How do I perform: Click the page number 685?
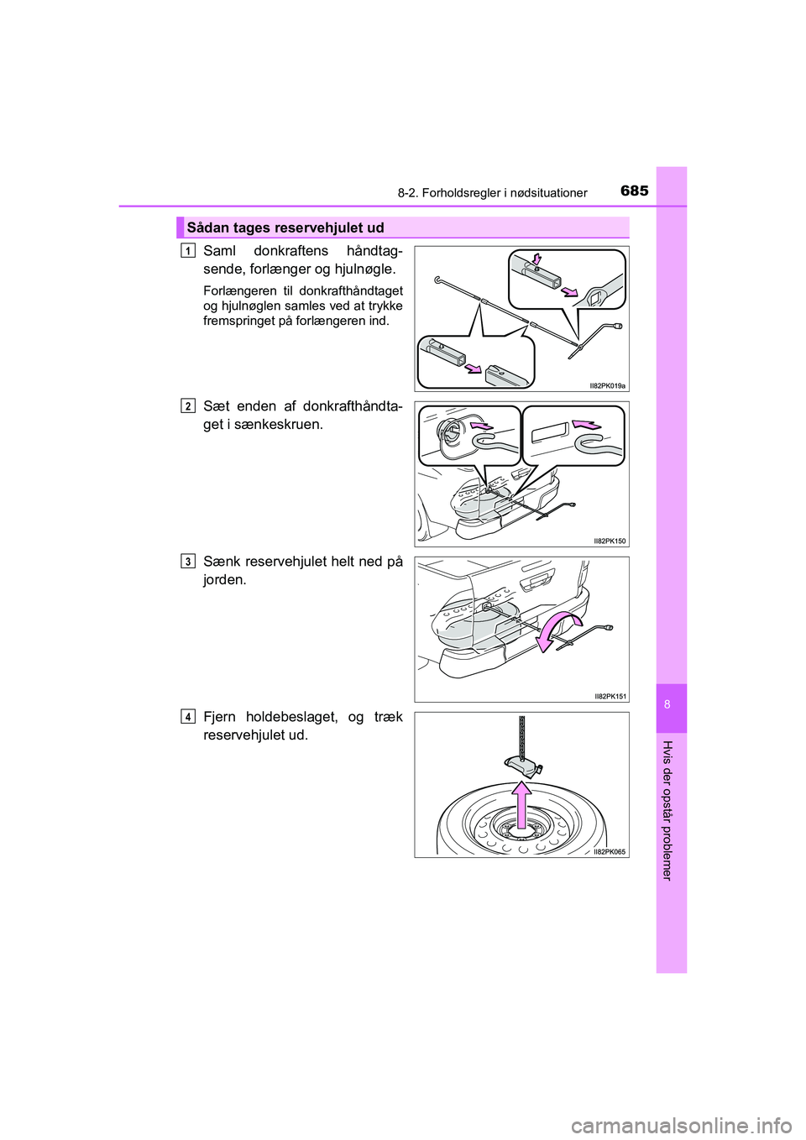tap(635, 191)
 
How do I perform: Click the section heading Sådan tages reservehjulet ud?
tap(285, 227)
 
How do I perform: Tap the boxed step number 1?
tap(188, 250)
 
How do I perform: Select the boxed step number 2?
tap(188, 405)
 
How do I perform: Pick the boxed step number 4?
tap(188, 717)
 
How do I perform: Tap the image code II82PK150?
tap(609, 541)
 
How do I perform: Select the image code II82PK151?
tap(609, 696)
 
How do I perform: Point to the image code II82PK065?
tap(609, 851)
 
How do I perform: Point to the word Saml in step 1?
tap(220, 251)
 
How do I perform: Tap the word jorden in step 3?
tap(224, 580)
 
